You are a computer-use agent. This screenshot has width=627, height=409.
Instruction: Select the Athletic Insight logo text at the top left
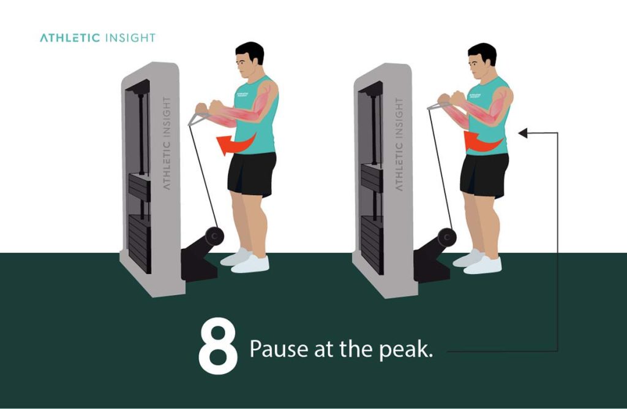pyautogui.click(x=97, y=38)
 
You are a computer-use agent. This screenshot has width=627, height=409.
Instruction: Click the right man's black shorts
pyautogui.click(x=484, y=174)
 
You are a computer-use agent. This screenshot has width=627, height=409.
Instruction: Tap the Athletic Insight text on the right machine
pyautogui.click(x=399, y=143)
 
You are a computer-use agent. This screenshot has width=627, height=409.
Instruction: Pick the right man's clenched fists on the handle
pyautogui.click(x=450, y=99)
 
